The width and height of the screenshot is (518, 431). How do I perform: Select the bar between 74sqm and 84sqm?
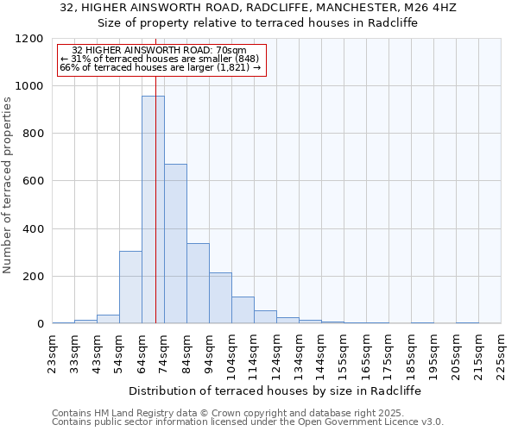pos(175,243)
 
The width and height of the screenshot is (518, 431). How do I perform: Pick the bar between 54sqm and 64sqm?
pos(130,287)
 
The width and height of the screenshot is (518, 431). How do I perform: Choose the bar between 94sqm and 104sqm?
pos(220,297)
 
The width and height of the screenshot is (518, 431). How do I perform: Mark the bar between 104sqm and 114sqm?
pos(243,309)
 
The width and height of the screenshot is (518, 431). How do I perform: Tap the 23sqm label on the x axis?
pos(52,352)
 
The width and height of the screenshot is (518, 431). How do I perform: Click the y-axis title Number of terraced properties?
pos(9,184)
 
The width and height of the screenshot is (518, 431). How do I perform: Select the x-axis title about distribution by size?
pos(275,390)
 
